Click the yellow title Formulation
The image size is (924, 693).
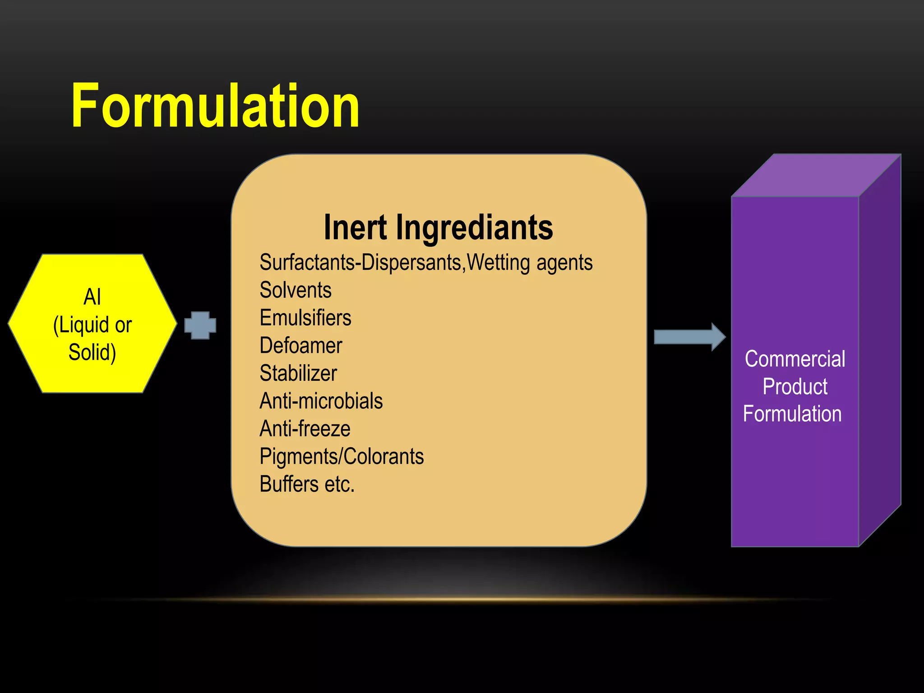click(215, 106)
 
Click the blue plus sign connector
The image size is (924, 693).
click(200, 325)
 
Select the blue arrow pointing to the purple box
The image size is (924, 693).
click(689, 337)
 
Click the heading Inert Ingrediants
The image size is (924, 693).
click(438, 227)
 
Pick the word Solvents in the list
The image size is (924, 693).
click(296, 290)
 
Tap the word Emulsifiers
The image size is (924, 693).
click(305, 318)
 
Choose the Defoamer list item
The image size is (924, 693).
click(301, 346)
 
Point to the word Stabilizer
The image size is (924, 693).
click(298, 373)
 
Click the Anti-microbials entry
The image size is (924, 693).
click(321, 401)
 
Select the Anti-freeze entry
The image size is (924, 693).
click(305, 429)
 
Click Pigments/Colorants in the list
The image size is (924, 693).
click(342, 457)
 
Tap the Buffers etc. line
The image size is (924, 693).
click(307, 484)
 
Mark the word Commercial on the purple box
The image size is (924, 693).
click(795, 359)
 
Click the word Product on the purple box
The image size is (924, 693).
click(795, 387)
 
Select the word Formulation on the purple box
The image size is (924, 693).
click(792, 414)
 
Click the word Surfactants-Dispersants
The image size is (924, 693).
click(362, 263)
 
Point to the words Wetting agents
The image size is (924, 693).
click(530, 263)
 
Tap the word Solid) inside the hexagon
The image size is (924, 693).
click(92, 352)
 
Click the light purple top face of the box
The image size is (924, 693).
click(817, 176)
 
